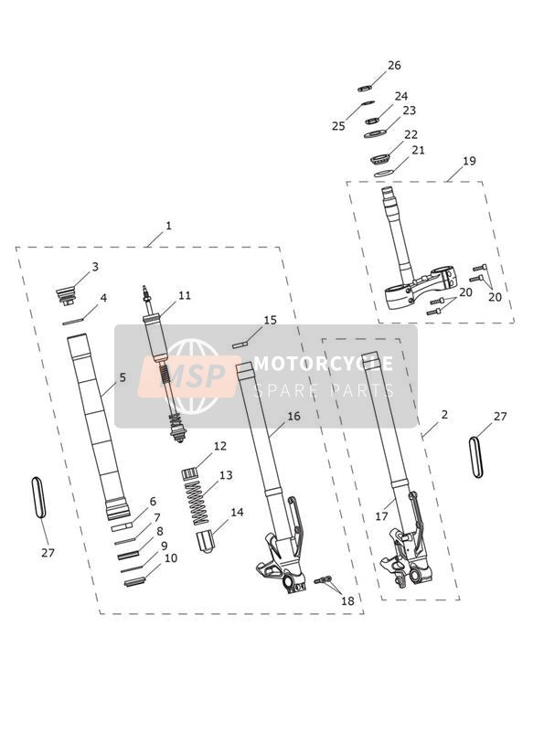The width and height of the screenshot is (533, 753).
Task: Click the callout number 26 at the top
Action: click(394, 65)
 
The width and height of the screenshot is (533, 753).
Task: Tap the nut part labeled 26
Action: click(365, 88)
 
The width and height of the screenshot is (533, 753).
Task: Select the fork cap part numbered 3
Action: click(66, 295)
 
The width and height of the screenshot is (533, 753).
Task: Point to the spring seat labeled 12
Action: click(190, 473)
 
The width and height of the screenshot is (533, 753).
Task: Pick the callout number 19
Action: click(469, 161)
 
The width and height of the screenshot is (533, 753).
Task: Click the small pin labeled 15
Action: click(240, 345)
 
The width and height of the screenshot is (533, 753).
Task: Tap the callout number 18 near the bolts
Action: click(347, 600)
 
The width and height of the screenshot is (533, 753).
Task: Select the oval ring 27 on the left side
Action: click(38, 497)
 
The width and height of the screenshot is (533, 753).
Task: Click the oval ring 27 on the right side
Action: click(475, 457)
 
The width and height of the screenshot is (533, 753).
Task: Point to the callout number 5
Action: click(123, 377)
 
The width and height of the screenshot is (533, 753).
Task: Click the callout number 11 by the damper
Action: click(185, 295)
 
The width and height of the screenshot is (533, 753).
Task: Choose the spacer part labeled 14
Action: click(205, 541)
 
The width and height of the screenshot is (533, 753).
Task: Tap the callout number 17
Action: click(381, 516)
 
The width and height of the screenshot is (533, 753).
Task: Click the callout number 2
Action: click(444, 414)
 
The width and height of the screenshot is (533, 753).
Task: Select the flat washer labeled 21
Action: click(384, 174)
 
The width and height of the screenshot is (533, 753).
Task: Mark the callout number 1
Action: click(168, 226)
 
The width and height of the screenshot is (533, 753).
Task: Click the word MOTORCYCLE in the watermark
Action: click(323, 364)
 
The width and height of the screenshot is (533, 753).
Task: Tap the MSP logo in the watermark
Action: click(189, 376)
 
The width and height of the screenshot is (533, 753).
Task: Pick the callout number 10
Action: click(171, 558)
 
